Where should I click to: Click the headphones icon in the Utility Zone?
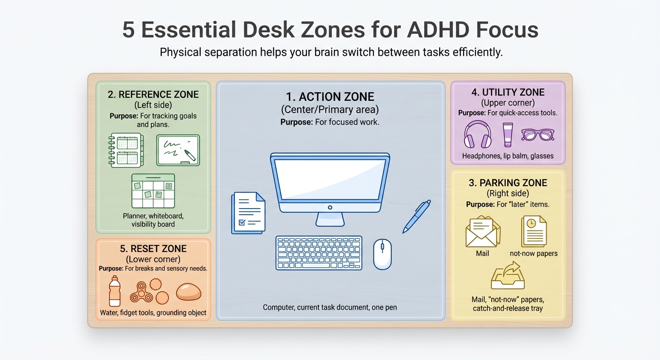coord(478,135)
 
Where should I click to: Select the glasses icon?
coord(538,135)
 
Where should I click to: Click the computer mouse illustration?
coord(382,254)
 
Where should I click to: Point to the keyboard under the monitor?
coord(319,253)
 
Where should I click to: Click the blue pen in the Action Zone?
coord(416,216)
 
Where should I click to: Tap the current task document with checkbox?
coord(249,213)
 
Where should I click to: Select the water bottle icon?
coord(114,291)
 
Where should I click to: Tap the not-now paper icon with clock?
coord(534,231)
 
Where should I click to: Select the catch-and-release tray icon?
coord(508,276)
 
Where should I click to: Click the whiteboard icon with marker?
coord(178,150)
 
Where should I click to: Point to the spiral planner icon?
coord(126,150)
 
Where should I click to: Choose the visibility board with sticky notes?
coord(153,191)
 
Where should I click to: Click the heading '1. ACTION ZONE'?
coord(330,97)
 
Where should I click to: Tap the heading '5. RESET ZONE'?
coord(153,249)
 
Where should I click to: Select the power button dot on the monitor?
coord(330,207)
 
